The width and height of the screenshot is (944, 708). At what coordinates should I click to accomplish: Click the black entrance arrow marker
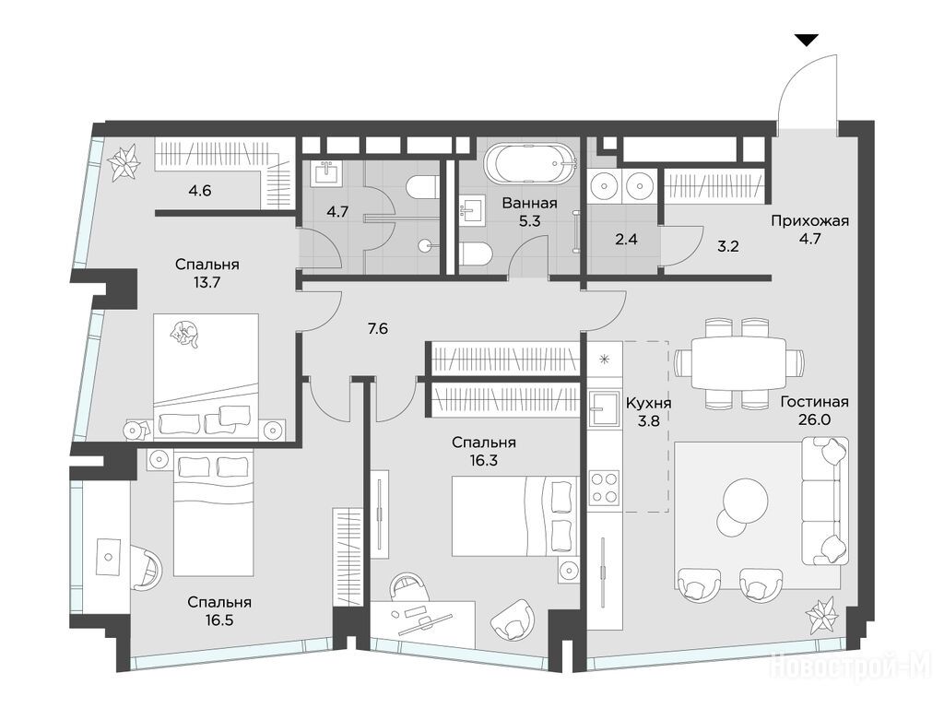pos(807,41)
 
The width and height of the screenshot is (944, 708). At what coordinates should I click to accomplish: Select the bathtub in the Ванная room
pos(530,162)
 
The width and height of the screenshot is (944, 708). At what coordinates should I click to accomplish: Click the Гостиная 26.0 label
pos(815,410)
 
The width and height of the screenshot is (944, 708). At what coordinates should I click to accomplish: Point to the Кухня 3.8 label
pos(648,411)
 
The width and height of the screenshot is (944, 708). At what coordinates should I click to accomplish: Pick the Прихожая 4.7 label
pos(809,229)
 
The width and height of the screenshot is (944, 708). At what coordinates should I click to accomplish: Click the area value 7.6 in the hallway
pos(378,328)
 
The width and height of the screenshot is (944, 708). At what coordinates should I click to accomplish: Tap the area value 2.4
pos(626,239)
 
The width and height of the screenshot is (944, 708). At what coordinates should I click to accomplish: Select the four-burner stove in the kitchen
pos(604,488)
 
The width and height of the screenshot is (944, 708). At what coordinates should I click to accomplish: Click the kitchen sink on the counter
pos(604,407)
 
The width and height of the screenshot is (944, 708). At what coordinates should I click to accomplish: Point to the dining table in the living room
pos(738,363)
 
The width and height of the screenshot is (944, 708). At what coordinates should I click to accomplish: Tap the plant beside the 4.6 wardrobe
pos(124,161)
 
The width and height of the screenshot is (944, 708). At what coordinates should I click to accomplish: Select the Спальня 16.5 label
pos(219,610)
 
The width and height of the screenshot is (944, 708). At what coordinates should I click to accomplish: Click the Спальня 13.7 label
pos(207,273)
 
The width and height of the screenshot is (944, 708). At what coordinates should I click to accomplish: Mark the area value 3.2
pos(728,245)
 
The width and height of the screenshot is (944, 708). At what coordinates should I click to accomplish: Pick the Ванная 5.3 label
pos(530,212)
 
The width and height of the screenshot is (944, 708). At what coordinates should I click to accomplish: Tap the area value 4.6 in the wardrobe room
pos(200,192)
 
